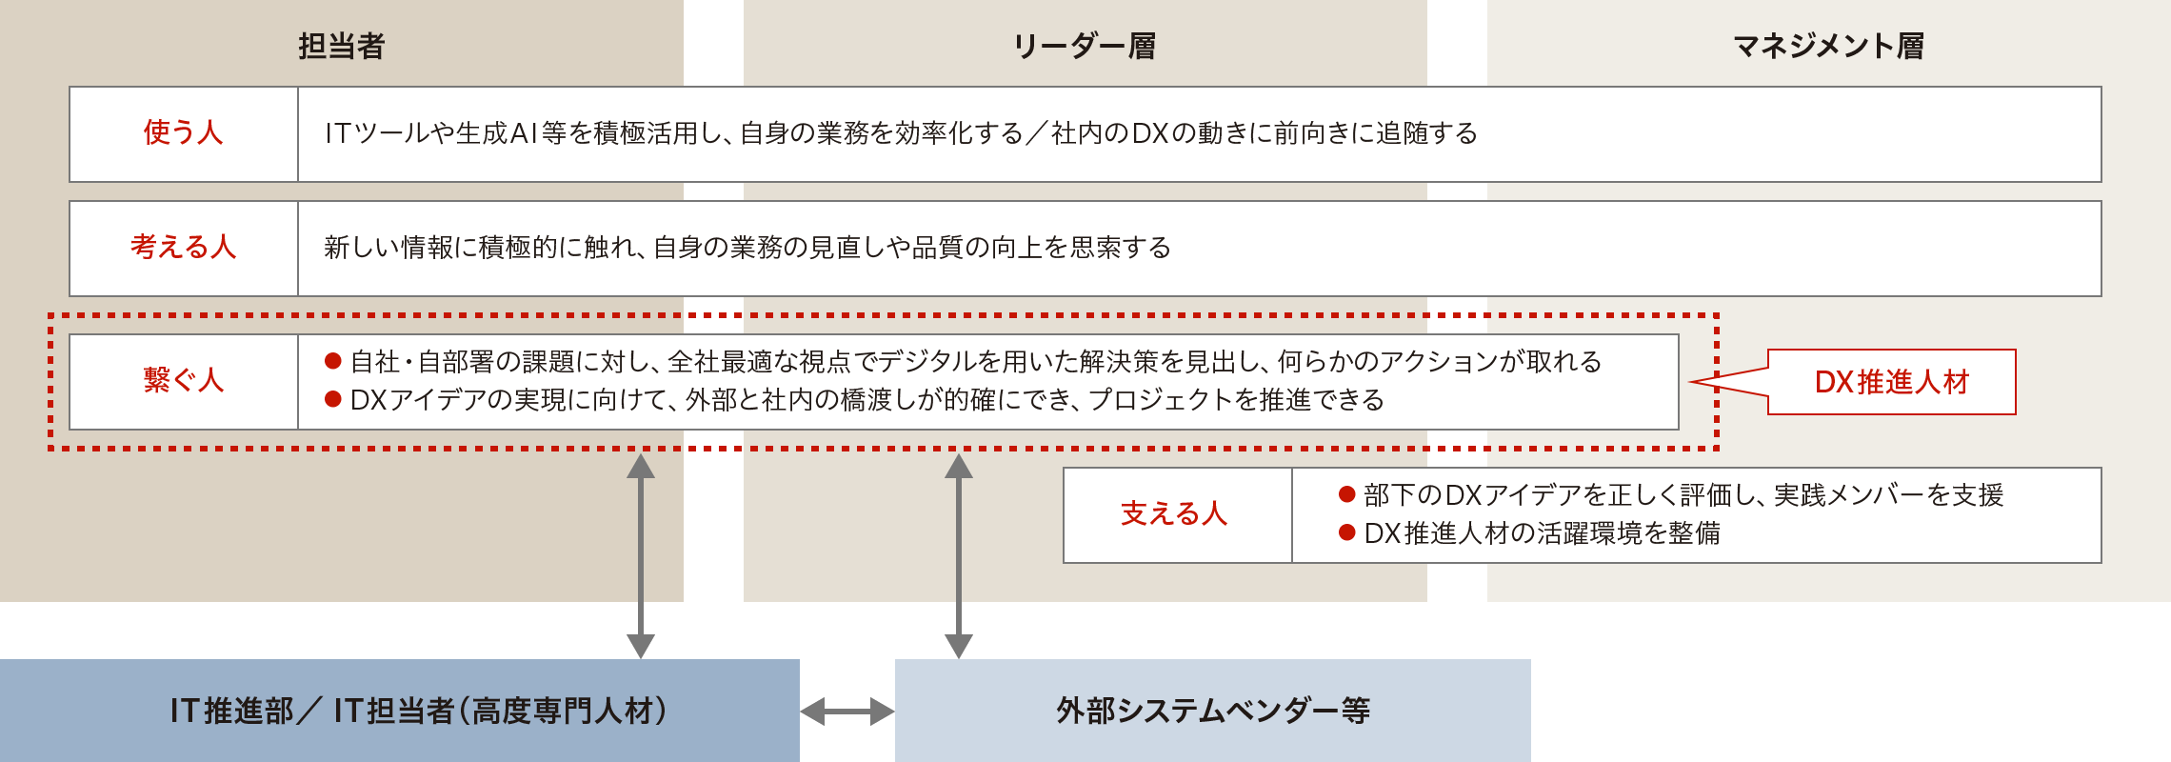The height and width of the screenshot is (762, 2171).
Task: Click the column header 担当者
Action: pyautogui.click(x=341, y=46)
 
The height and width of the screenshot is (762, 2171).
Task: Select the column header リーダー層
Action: pyautogui.click(x=1084, y=46)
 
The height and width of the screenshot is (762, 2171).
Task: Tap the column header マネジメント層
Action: pyautogui.click(x=1828, y=46)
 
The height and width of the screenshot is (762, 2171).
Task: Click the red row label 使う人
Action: pyautogui.click(x=183, y=133)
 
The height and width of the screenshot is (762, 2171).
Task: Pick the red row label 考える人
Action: pyautogui.click(x=183, y=248)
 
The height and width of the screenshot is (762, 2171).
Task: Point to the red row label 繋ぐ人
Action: pyautogui.click(x=183, y=381)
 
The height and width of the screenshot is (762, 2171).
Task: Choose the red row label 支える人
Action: pyautogui.click(x=1174, y=514)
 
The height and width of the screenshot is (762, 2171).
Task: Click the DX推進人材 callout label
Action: pyautogui.click(x=1891, y=382)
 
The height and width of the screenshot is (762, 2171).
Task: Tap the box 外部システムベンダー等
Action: pyautogui.click(x=1212, y=711)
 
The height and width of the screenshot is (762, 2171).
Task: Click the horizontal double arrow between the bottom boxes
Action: pyautogui.click(x=847, y=711)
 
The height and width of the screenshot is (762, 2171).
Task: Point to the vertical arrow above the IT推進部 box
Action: pyautogui.click(x=641, y=555)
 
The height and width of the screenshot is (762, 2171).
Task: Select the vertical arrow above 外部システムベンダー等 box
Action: pyautogui.click(x=959, y=555)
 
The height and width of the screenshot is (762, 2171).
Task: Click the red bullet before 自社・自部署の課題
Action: pyautogui.click(x=333, y=361)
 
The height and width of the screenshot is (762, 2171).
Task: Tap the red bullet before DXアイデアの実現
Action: pyautogui.click(x=333, y=399)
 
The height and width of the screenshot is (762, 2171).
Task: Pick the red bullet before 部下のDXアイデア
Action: pyautogui.click(x=1346, y=494)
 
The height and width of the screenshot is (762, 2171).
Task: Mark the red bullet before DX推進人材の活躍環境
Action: pyautogui.click(x=1346, y=532)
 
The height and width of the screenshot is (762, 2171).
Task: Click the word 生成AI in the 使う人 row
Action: pyautogui.click(x=497, y=133)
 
